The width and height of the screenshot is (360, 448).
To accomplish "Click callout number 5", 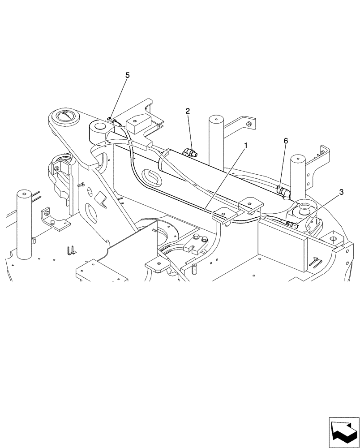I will pos(128,75).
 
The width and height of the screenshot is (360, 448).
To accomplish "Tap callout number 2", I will pos(188,111).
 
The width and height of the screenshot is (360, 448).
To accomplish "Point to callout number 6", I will pos(286,141).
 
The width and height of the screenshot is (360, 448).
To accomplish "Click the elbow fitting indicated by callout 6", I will pos(283,193).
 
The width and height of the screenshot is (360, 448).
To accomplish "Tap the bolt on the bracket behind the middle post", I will pos(249,122).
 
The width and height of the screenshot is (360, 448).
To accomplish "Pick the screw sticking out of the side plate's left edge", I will pos(81,184).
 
